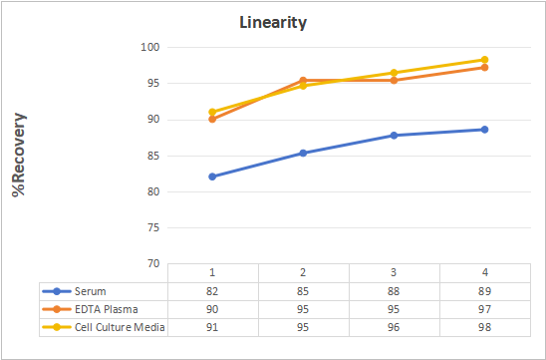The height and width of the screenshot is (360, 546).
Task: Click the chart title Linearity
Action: coord(273,23)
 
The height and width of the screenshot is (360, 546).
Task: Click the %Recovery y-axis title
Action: coord(19,155)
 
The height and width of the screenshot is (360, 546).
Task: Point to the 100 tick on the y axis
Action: coord(150,47)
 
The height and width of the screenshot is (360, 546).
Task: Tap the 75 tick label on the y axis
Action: coord(153,227)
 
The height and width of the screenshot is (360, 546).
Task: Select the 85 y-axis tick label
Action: coord(153,156)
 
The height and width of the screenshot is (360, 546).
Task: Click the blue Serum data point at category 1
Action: coord(212,177)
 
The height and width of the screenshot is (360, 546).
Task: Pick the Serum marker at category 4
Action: coord(484,130)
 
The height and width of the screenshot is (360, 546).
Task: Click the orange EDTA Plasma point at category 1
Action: coord(212,120)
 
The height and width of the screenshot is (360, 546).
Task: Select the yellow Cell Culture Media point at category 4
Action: coord(484,60)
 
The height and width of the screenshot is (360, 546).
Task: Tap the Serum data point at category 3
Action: coord(394,136)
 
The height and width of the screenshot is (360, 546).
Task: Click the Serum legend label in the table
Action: coord(91,291)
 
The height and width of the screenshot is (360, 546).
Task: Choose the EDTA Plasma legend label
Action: coord(107,309)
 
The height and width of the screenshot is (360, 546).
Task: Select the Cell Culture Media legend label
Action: coord(120,327)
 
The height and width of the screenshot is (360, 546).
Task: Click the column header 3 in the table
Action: coord(394,272)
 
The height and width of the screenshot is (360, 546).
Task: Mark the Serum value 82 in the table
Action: coord(212,291)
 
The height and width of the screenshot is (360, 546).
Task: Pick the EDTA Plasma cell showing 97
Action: coord(484,309)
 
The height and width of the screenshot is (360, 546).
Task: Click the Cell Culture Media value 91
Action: coord(212,327)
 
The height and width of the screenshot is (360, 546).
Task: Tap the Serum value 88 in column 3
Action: coord(394,291)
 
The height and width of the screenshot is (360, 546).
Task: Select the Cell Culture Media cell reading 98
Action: coord(484,327)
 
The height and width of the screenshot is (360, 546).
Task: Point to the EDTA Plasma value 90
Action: coord(212,309)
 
